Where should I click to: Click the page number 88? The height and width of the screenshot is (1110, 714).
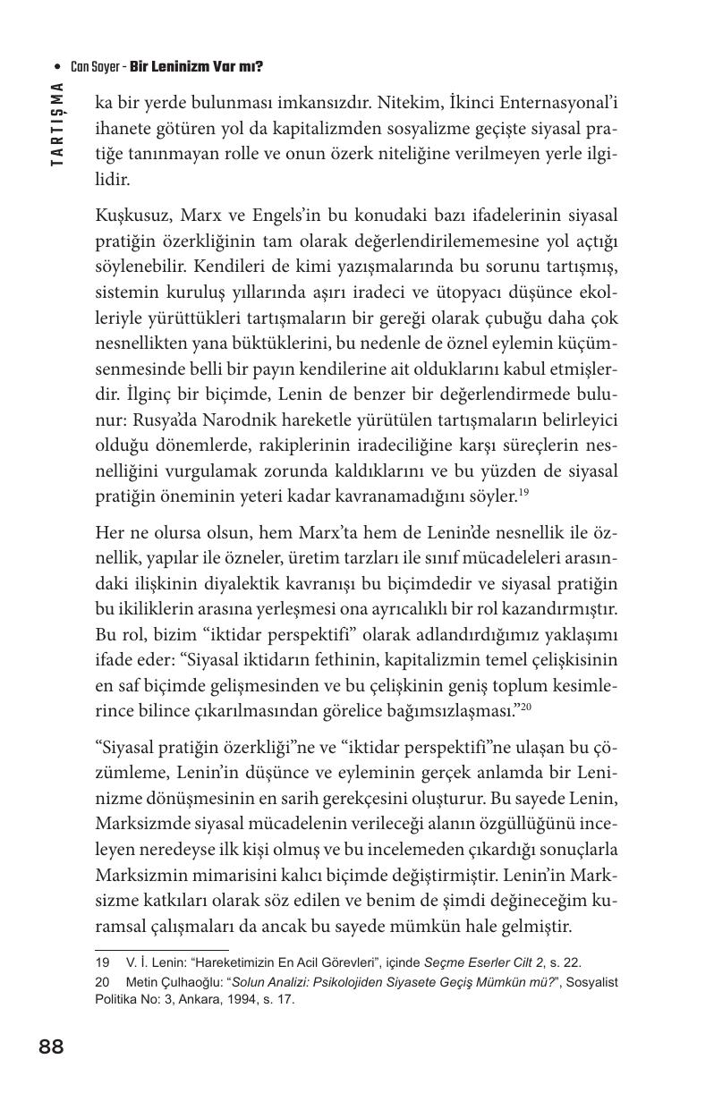51,1046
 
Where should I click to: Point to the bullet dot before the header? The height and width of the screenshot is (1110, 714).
58,67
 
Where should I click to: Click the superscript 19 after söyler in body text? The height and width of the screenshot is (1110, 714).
523,490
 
